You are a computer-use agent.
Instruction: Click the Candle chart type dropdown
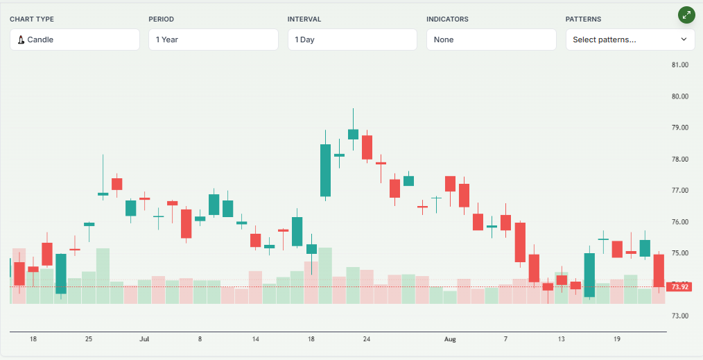tap(75, 40)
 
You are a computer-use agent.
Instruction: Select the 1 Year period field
tap(214, 40)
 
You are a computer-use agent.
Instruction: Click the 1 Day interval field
tap(352, 40)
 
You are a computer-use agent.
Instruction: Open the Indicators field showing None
tap(491, 40)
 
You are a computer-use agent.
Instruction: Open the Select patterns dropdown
tap(630, 40)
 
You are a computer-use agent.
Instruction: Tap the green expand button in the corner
tap(686, 15)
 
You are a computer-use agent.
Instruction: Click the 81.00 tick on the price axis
tap(679, 65)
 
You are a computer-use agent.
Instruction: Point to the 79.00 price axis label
tap(679, 128)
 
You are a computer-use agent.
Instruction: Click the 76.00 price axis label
tap(679, 222)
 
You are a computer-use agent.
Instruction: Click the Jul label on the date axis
tap(144, 339)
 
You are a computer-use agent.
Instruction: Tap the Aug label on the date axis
tap(450, 339)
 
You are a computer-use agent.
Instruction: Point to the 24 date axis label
tap(367, 339)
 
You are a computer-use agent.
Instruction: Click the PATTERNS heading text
tap(583, 19)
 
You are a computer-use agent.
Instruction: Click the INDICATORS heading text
tap(447, 19)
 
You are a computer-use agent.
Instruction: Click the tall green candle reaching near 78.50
tap(325, 170)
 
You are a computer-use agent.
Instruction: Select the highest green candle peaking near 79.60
tap(353, 134)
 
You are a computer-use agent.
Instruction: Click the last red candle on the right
tap(659, 271)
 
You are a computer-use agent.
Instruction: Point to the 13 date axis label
tap(561, 339)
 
